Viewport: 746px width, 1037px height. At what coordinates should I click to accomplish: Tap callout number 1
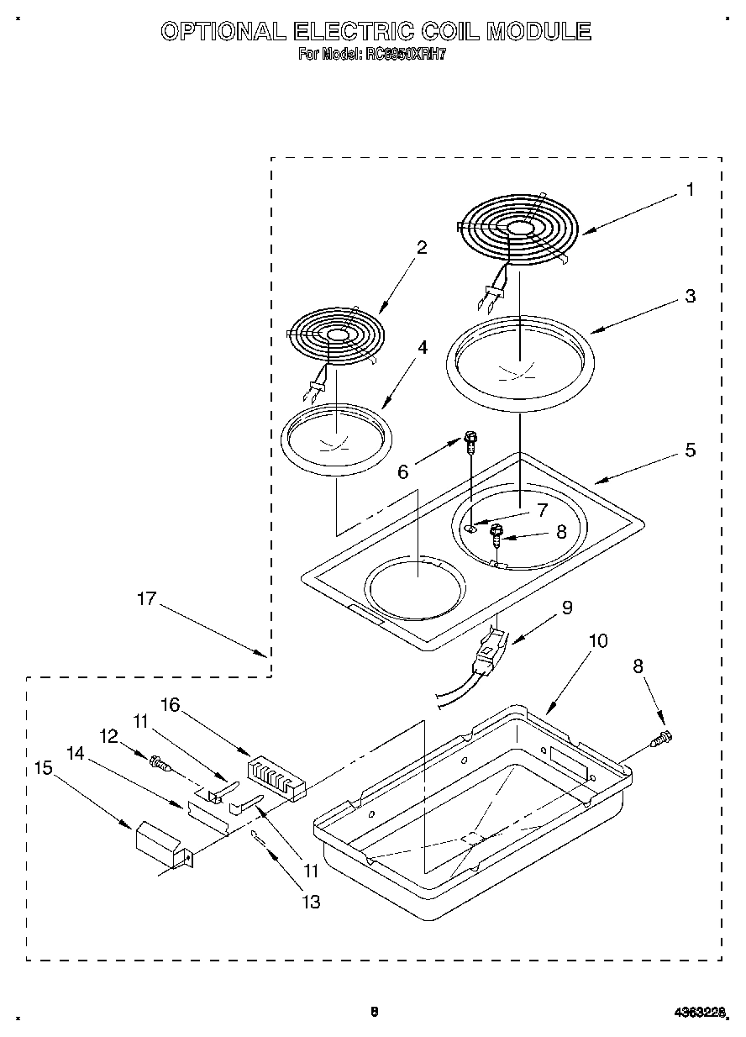point(690,190)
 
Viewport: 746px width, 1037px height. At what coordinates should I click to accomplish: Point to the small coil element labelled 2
point(337,335)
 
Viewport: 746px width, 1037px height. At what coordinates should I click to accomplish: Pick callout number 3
point(690,296)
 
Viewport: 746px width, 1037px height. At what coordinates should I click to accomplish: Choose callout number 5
point(690,450)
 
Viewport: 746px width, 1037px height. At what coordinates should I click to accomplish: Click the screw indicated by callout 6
point(471,439)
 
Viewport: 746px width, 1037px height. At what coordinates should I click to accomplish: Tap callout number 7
point(542,509)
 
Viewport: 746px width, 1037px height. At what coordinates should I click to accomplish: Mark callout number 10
point(597,640)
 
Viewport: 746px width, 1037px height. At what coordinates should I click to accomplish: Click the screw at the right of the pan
point(662,740)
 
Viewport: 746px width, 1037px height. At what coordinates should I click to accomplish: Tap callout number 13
point(311,903)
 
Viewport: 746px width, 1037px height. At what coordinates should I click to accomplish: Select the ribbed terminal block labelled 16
point(275,775)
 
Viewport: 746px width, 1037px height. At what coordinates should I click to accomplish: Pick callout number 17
point(147,599)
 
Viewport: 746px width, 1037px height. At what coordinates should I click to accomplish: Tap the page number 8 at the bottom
point(375,1012)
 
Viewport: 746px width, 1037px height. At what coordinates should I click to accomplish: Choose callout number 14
point(76,754)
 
